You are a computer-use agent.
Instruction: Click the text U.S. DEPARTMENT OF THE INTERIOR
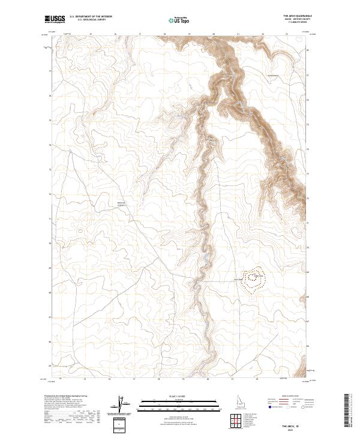pos(91,17)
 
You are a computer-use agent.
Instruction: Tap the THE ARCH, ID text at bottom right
pos(300,424)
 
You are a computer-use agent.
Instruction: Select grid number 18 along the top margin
pos(165,34)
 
